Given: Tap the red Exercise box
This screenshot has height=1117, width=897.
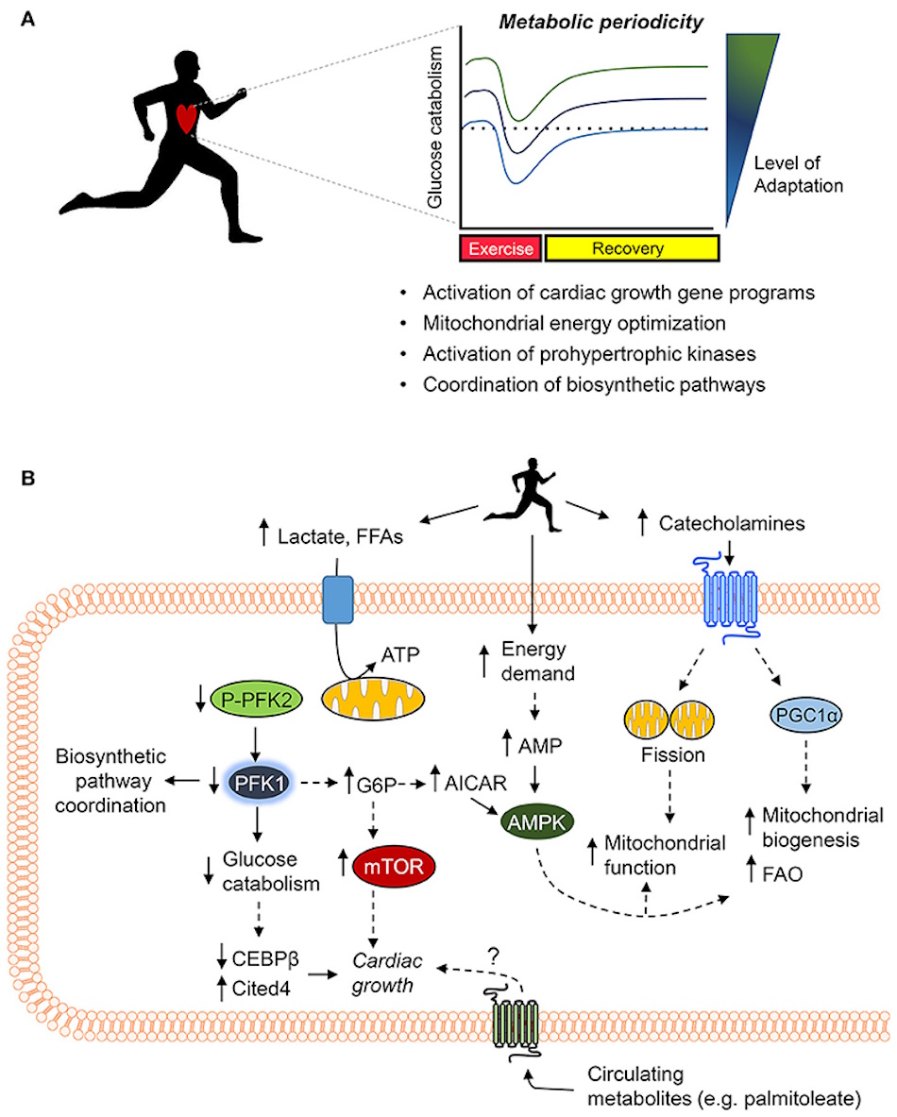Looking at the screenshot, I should [x=500, y=249].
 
